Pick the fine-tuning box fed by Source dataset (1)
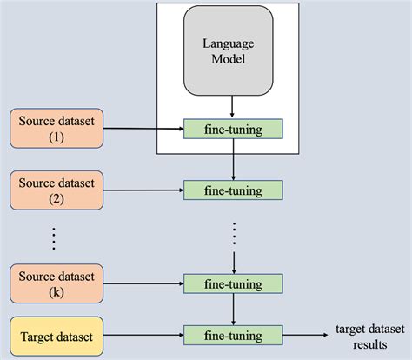click(233, 129)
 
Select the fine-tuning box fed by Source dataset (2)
click(233, 189)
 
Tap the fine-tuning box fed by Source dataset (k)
click(233, 283)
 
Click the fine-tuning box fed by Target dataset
click(233, 332)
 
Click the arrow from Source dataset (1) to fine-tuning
click(143, 128)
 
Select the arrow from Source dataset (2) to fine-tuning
click(143, 189)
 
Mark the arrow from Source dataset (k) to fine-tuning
click(143, 283)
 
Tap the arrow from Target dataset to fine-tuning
click(143, 332)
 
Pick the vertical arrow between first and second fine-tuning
click(233, 159)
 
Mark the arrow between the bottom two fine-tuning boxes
click(233, 308)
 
